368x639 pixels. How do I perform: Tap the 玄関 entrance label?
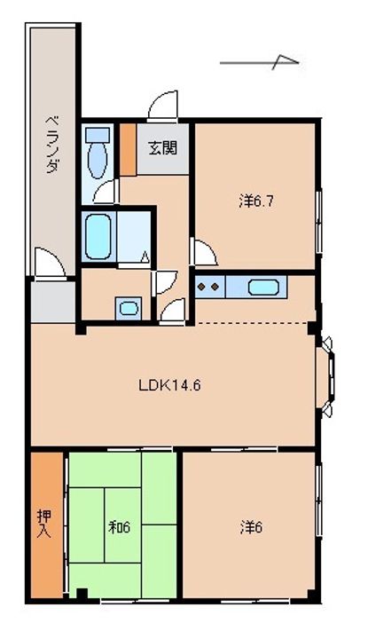[x=163, y=148]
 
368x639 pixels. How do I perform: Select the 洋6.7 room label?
[x=255, y=201]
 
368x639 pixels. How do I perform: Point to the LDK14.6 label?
[x=169, y=385]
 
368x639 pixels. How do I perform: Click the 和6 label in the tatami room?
[x=120, y=527]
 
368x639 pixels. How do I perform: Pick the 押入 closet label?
[x=44, y=525]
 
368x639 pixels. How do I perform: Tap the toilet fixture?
[x=98, y=154]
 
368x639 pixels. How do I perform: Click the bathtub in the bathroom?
[x=98, y=237]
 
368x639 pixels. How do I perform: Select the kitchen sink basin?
[x=263, y=288]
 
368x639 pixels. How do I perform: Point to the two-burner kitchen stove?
[x=209, y=287]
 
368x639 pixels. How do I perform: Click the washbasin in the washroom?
[x=129, y=309]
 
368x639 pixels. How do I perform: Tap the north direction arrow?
[x=259, y=62]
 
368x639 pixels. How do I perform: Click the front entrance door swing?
[x=163, y=106]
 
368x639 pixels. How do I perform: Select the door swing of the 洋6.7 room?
[x=204, y=253]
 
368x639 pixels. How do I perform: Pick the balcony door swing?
[x=50, y=264]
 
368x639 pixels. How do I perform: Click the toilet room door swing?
[x=106, y=192]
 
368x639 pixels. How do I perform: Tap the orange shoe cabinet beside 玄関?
[x=129, y=150]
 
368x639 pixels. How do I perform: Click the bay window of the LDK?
[x=326, y=376]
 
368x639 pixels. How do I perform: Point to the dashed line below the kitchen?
[x=254, y=324]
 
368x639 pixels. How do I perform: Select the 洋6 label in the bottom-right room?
[x=252, y=528]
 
